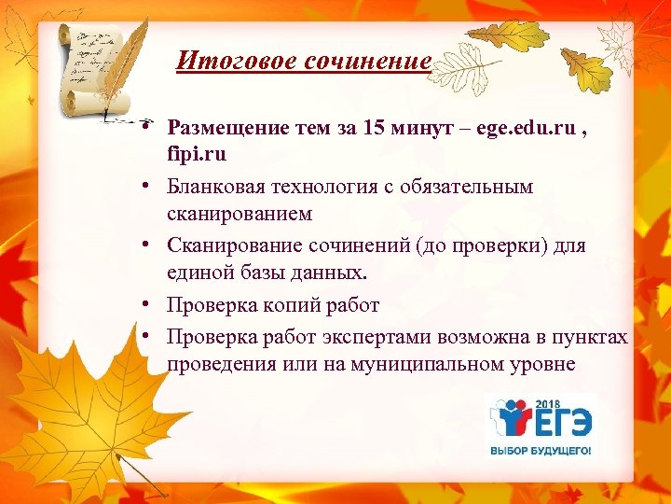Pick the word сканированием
[x=240, y=213]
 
